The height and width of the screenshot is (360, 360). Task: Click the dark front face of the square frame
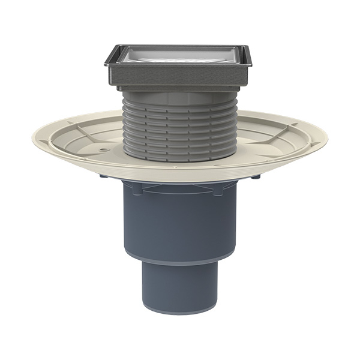180,76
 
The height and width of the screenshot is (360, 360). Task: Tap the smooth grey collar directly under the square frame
180,93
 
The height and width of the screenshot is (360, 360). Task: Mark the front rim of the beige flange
180,179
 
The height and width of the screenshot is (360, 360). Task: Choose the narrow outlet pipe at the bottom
180,288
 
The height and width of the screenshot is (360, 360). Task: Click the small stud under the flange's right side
257,176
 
